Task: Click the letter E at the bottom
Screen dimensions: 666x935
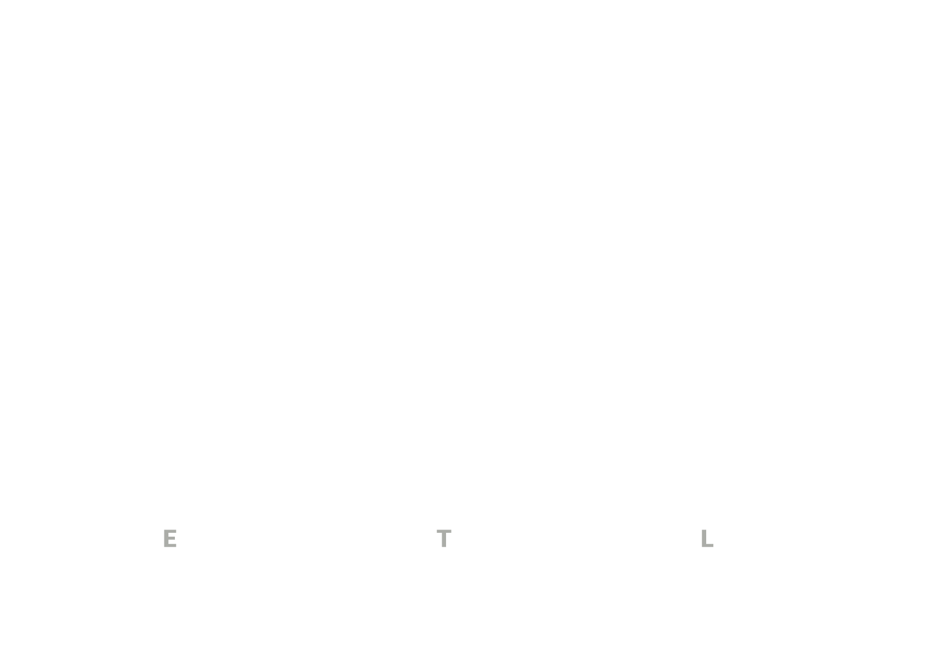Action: point(170,538)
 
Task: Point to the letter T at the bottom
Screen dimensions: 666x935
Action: point(444,538)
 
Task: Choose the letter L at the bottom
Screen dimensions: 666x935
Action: point(707,538)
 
